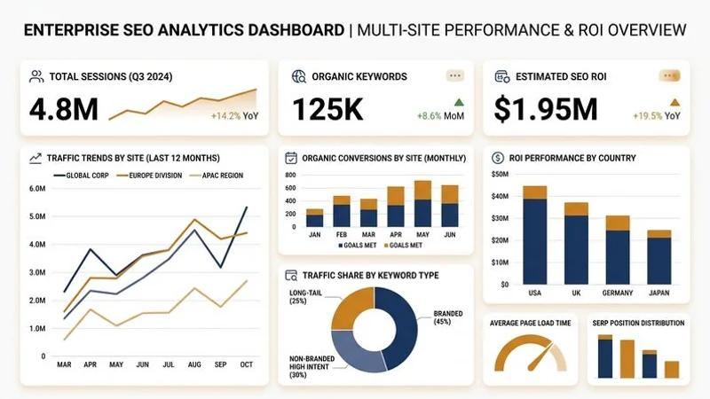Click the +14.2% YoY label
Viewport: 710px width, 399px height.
pyautogui.click(x=234, y=116)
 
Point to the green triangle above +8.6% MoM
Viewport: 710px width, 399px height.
pyautogui.click(x=458, y=102)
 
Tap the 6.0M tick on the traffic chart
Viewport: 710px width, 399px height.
pyautogui.click(x=37, y=189)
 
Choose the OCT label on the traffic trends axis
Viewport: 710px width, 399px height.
pyautogui.click(x=246, y=364)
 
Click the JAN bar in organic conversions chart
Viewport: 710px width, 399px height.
pyautogui.click(x=314, y=219)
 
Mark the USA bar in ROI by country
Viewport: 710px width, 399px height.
pyautogui.click(x=535, y=235)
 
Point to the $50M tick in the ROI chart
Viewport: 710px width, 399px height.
pyautogui.click(x=500, y=173)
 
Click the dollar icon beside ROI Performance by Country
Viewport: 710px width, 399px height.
pyautogui.click(x=498, y=158)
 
